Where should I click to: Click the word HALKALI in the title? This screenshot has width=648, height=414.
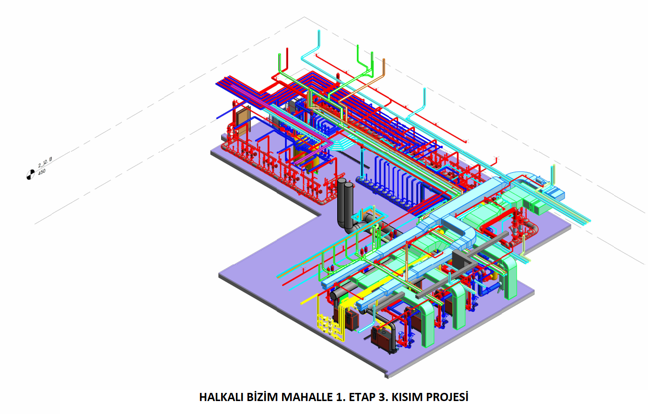tap(222, 397)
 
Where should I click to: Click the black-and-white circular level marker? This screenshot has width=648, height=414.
tap(30, 175)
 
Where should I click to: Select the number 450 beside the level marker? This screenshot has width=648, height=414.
tap(42, 172)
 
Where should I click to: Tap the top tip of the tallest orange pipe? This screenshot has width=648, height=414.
tap(384, 59)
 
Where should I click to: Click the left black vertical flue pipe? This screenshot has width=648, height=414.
tap(342, 202)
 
